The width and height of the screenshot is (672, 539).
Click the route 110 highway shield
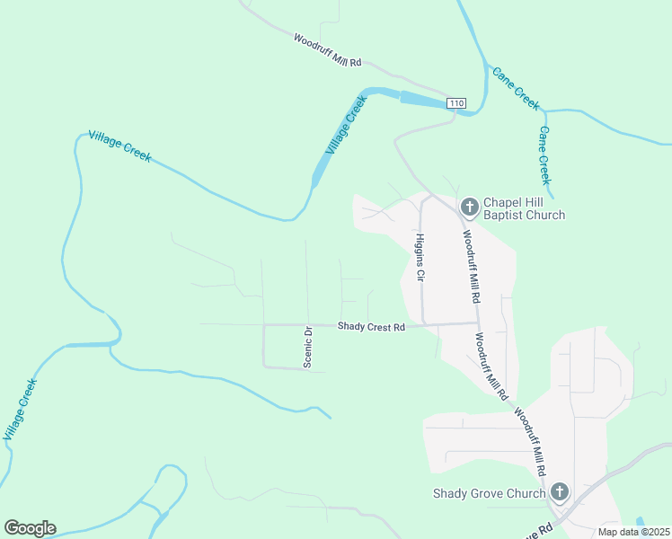[457, 104]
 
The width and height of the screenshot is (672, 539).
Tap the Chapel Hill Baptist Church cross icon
[469, 208]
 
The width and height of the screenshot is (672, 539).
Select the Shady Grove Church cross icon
[560, 492]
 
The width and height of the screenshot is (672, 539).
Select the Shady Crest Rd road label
[371, 327]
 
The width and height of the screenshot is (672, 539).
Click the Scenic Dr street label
[307, 347]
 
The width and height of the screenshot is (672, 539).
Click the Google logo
[30, 528]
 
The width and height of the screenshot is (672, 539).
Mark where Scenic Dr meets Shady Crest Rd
[308, 325]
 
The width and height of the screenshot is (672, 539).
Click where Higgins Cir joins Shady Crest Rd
[423, 324]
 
